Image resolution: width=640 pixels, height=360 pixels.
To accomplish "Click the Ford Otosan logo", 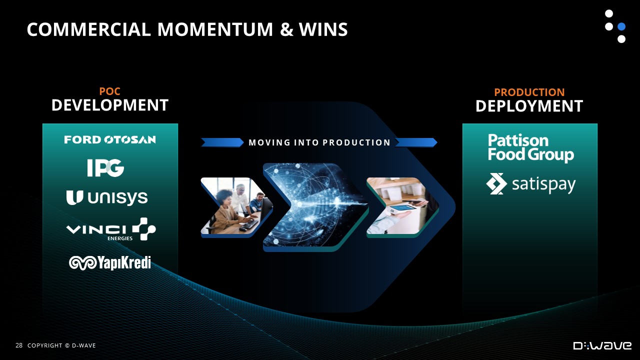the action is point(110,139).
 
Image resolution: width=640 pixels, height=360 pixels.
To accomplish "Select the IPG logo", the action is point(105,167).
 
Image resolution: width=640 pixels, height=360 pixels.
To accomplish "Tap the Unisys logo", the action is point(107,197).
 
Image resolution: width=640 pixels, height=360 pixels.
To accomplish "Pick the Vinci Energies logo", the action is point(111,229).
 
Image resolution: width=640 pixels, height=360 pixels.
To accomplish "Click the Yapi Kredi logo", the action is point(110,263).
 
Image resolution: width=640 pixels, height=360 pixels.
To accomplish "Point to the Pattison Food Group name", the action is point(531,147).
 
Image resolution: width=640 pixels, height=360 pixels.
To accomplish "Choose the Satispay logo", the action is point(530,184).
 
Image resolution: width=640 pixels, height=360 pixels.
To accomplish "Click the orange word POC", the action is point(109,91).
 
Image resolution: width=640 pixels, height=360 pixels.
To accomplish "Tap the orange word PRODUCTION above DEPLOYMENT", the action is point(529,92).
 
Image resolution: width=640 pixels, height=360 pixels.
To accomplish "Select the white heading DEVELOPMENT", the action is point(110,105).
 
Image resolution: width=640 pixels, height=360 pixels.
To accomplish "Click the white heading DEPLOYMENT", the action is point(529,106).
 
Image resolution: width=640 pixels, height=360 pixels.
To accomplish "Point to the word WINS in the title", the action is point(323,29).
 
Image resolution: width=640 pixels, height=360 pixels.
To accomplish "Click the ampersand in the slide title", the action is point(286,29).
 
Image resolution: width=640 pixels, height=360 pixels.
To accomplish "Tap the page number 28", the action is point(19,345).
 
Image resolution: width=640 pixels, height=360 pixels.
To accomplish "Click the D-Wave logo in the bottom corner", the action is point(602,345).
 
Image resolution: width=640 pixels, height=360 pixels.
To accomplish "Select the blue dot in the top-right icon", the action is point(621,26).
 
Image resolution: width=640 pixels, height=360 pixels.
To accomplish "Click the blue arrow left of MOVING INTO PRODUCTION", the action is point(222,142).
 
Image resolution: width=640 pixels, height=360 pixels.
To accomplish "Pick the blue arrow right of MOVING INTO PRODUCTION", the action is point(416,142).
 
